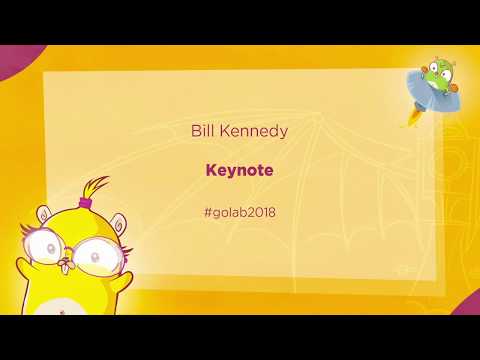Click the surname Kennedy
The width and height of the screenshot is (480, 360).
click(251, 131)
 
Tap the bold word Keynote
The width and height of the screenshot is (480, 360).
click(239, 170)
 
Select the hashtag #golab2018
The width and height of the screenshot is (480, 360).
click(239, 211)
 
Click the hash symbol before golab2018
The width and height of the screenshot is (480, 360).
click(206, 211)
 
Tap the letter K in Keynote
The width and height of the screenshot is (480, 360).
click(211, 170)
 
